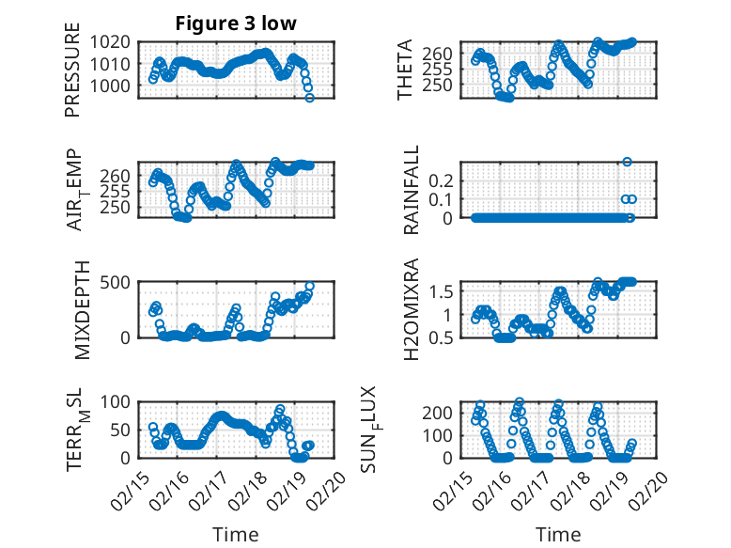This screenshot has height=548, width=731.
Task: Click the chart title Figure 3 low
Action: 236,24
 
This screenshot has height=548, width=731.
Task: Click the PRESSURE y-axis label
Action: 73,77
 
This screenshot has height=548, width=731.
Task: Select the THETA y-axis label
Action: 406,70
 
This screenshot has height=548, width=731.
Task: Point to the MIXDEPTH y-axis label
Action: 80,307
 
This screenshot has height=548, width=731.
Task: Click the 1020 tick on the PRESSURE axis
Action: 113,42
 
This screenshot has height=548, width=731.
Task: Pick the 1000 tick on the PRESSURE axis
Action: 113,86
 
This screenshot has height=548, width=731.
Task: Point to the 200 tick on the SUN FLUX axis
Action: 443,413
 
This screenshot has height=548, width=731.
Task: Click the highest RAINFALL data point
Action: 627,163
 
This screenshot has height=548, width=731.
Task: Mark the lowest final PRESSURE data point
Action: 310,98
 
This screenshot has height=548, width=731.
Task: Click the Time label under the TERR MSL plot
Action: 236,534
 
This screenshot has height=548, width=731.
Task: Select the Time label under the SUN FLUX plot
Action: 559,534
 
